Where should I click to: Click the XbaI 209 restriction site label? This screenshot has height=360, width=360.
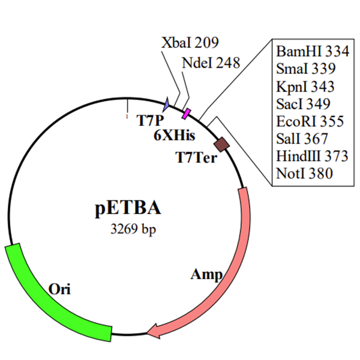coord(190,43)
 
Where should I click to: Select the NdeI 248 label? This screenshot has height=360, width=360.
coord(211,62)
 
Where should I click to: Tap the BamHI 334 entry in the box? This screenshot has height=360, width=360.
coord(313,51)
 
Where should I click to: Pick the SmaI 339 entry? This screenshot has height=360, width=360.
coord(305,68)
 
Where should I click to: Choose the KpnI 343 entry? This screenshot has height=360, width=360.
coord(305,86)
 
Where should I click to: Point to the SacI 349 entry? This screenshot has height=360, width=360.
coord(303,104)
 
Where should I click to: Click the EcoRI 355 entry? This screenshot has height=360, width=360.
coord(310,121)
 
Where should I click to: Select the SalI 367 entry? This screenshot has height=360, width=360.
coord(302,139)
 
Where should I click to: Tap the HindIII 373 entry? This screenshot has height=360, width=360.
coord(312,156)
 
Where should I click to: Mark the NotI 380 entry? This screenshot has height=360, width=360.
coord(304,173)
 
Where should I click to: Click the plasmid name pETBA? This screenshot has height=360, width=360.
coord(128,208)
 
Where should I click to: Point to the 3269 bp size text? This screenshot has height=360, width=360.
coord(133,229)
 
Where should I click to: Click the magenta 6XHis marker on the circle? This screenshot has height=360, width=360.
coord(186,114)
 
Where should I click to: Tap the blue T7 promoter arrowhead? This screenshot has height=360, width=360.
coord(166,104)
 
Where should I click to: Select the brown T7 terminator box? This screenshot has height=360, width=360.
coord(221,145)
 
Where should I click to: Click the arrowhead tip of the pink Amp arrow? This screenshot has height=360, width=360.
coord(147,333)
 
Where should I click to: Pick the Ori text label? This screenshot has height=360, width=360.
coord(59,289)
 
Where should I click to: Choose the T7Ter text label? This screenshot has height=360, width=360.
coord(196,157)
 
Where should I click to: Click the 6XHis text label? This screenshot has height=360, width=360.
coord(175,135)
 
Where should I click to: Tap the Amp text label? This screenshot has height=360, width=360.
coord(206,275)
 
